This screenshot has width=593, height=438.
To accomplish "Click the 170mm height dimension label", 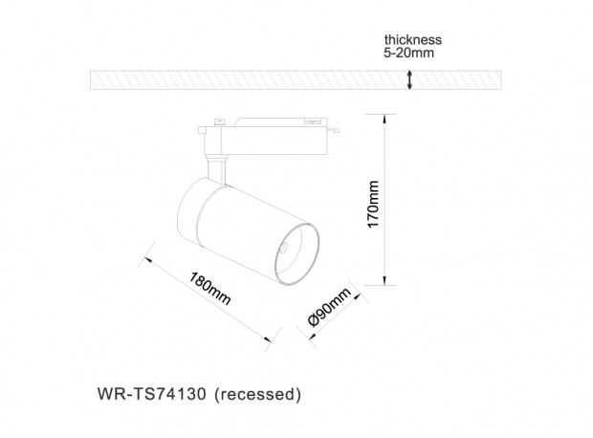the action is point(373,205).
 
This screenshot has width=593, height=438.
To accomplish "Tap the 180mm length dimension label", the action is point(209,289).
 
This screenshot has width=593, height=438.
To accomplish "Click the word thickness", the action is point(412,40).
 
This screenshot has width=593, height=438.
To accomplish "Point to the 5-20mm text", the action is point(408,53).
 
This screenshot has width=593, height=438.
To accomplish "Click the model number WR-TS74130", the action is point(152,394).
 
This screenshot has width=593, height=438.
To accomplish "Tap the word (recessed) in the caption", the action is point(257,394).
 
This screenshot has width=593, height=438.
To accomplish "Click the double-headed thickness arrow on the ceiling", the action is point(409,79).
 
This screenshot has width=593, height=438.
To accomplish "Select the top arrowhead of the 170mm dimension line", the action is point(384,118).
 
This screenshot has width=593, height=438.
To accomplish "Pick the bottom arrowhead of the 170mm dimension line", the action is point(384,281).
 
